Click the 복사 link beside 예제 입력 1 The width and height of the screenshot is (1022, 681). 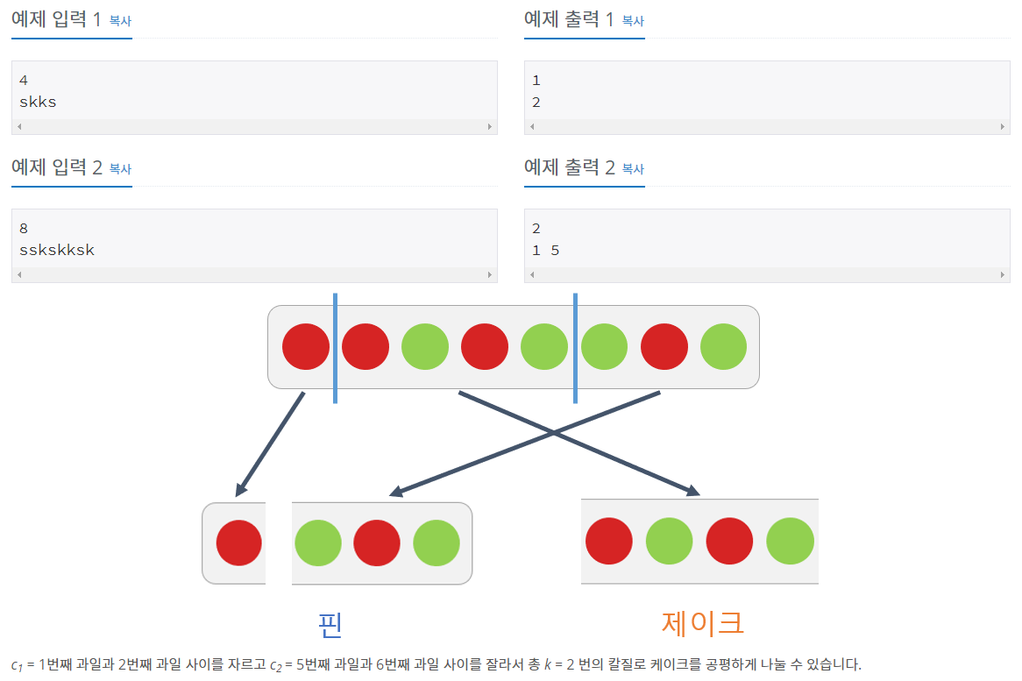point(120,21)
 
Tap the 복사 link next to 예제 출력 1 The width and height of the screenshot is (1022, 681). point(633,21)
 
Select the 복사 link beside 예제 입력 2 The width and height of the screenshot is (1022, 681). point(120,169)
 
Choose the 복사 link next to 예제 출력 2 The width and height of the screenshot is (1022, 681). point(633,169)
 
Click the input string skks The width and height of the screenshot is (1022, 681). point(38,102)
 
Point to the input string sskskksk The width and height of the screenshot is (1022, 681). point(57,250)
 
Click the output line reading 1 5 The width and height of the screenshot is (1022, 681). point(545,251)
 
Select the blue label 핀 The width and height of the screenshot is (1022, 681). point(330,624)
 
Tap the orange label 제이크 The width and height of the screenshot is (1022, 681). point(703,623)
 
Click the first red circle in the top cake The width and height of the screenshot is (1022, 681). point(306,346)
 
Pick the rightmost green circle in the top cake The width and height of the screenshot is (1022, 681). point(724,346)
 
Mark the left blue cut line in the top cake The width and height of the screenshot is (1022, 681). point(335,348)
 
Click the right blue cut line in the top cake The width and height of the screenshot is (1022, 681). point(575,348)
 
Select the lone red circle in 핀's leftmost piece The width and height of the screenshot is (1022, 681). point(239,543)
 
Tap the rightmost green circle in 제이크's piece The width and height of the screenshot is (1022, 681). point(790,541)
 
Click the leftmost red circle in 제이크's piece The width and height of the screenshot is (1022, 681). point(609,541)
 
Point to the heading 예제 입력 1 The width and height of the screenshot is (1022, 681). point(56,20)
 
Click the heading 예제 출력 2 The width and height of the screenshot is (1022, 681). point(569,168)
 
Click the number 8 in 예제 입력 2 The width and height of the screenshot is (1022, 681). point(24,229)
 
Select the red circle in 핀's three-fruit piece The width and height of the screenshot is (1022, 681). point(377,543)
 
